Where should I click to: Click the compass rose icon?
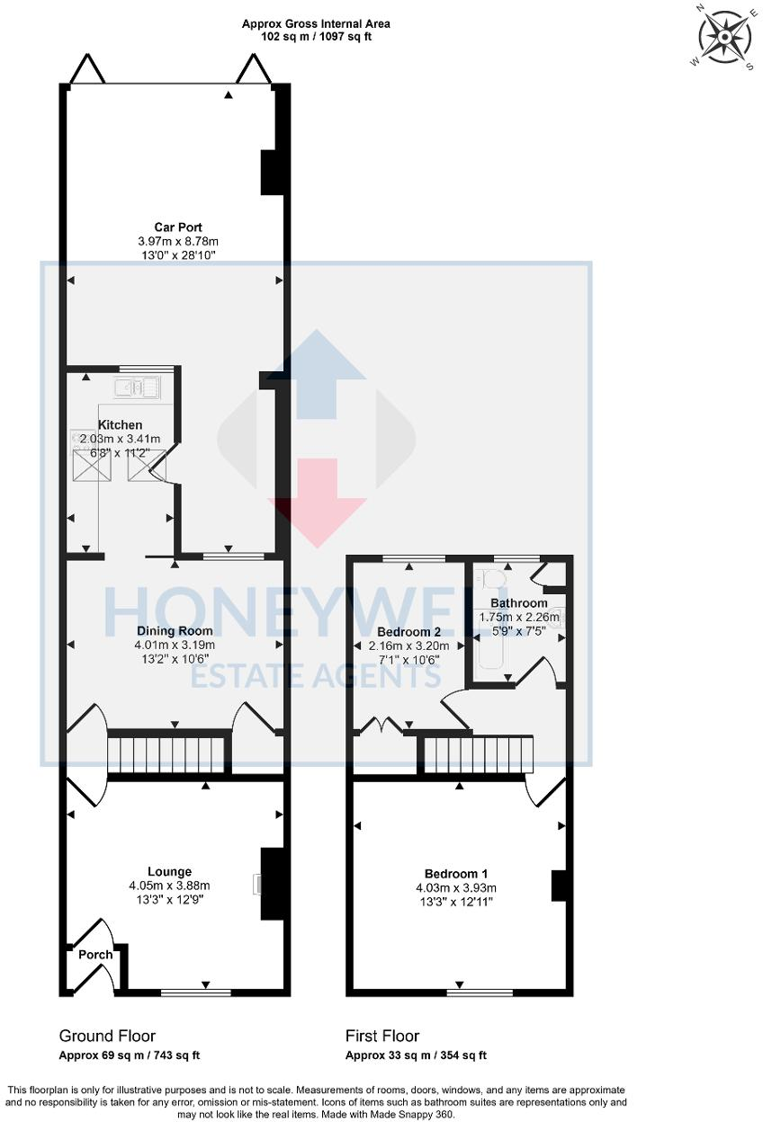[723, 38]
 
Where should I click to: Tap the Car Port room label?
[177, 227]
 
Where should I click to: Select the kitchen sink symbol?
[137, 388]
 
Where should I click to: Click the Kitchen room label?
[120, 424]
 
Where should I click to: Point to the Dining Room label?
[175, 630]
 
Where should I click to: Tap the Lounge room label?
[170, 871]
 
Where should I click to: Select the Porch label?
[95, 955]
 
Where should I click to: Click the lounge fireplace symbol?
[258, 885]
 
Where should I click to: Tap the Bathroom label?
[518, 602]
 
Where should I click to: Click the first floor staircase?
[478, 753]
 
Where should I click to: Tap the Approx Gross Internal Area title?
[316, 24]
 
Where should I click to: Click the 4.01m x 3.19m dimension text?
[176, 645]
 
